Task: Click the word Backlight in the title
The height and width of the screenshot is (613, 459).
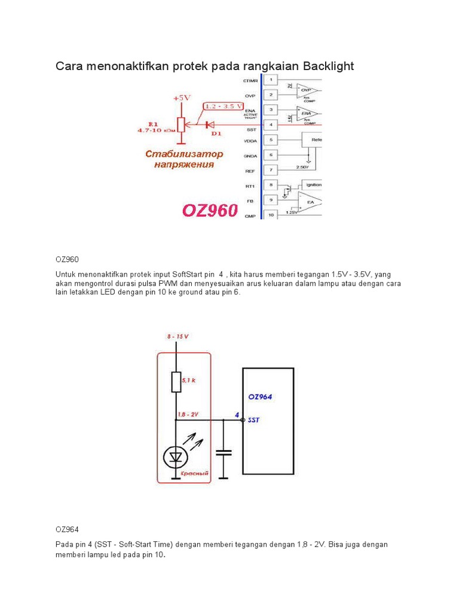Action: click(x=323, y=66)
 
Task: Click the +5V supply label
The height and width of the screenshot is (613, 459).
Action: click(x=182, y=98)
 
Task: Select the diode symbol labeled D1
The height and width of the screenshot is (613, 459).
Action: click(x=209, y=125)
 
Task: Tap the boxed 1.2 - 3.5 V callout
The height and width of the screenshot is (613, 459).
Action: click(x=223, y=107)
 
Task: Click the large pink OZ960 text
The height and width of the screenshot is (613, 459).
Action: click(x=210, y=210)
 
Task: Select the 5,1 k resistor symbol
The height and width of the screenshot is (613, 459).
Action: click(x=176, y=382)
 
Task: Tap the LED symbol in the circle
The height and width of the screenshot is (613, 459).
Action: click(x=176, y=458)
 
